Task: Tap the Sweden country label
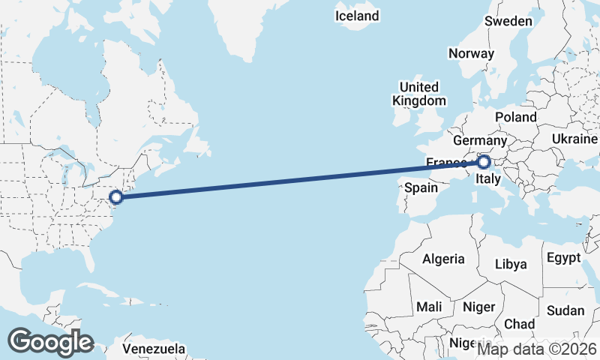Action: pyautogui.click(x=508, y=21)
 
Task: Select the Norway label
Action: pyautogui.click(x=471, y=53)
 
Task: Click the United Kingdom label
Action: pyautogui.click(x=419, y=94)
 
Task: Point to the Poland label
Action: pyautogui.click(x=515, y=118)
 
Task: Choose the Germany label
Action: pyautogui.click(x=481, y=141)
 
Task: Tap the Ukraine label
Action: pyautogui.click(x=574, y=139)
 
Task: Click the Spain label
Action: pyautogui.click(x=421, y=188)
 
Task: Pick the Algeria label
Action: pyautogui.click(x=443, y=259)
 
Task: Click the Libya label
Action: pyautogui.click(x=511, y=264)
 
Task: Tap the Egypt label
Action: pyautogui.click(x=563, y=258)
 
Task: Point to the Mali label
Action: pyautogui.click(x=429, y=307)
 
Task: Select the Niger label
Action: pyautogui.click(x=479, y=307)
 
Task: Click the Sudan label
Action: pyautogui.click(x=565, y=310)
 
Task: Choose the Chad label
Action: pyautogui.click(x=519, y=324)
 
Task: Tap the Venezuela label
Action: pyautogui.click(x=154, y=349)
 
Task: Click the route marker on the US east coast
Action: pyautogui.click(x=116, y=197)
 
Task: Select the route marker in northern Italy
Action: pyautogui.click(x=484, y=161)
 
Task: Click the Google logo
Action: pyautogui.click(x=50, y=341)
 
